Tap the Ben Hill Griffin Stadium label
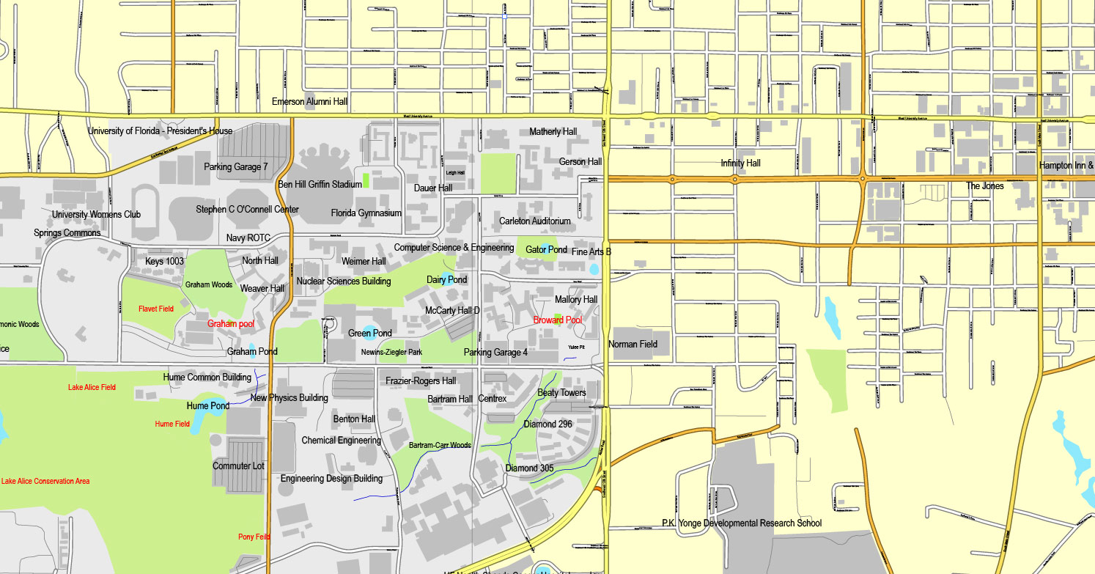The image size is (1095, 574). (x=320, y=184)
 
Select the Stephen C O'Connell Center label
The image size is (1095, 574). (x=247, y=210)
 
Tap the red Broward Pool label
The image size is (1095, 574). (x=557, y=320)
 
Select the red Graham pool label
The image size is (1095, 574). (x=231, y=323)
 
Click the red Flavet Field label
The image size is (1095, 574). (x=156, y=309)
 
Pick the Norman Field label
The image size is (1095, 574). (x=633, y=344)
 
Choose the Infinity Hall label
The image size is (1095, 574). (x=740, y=163)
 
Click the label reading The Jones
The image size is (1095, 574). (x=984, y=186)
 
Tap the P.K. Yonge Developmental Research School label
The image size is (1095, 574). (x=741, y=523)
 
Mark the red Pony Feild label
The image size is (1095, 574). (x=254, y=537)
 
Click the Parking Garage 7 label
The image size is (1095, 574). (x=236, y=167)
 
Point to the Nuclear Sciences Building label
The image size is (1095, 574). (x=344, y=282)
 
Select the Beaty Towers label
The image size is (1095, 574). (x=561, y=393)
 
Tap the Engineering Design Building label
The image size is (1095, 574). (x=331, y=479)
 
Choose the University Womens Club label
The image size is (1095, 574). (x=96, y=215)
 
